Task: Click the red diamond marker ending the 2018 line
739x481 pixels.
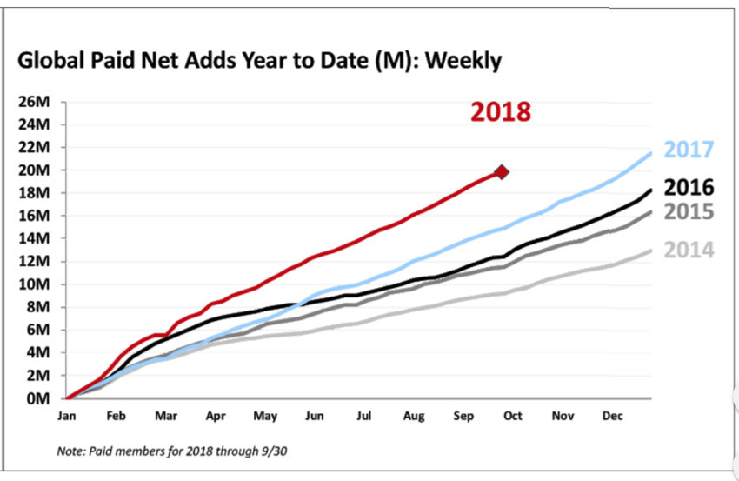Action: point(502,172)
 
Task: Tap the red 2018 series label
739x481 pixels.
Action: point(501,112)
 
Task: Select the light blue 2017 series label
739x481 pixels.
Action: point(689,150)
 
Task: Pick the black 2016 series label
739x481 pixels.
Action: point(689,187)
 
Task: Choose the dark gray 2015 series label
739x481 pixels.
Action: point(689,211)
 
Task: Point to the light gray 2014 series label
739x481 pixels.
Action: point(689,250)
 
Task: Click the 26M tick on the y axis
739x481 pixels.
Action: point(34,102)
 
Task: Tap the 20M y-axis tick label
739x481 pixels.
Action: point(34,170)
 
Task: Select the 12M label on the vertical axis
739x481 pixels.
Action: point(34,261)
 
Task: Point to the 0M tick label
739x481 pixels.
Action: point(37,398)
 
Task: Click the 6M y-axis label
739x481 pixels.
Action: point(37,330)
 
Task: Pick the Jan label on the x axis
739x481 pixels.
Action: point(66,416)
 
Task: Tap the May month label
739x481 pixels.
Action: point(265,417)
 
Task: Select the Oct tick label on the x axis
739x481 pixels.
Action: point(513,416)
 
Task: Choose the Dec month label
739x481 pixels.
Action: point(612,416)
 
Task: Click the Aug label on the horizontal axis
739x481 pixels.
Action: point(414,417)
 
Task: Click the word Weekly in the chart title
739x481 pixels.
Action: point(463,61)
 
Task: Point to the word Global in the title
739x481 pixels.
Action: point(50,60)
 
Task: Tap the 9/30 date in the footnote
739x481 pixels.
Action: point(274,451)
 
